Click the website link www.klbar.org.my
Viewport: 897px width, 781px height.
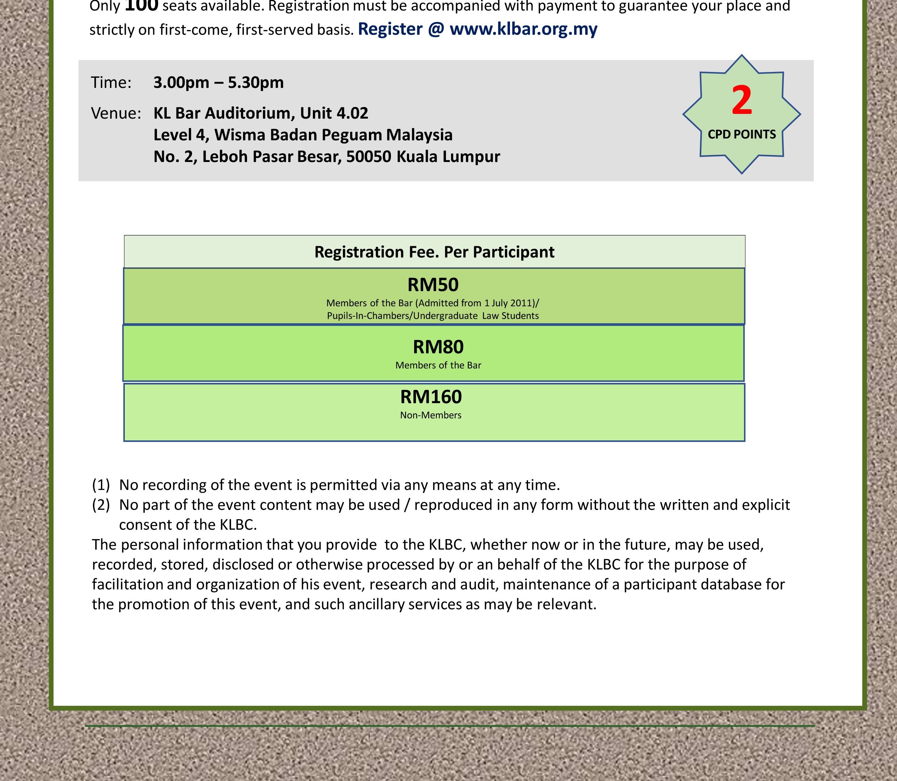click(523, 29)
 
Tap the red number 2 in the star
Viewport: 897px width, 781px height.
click(741, 101)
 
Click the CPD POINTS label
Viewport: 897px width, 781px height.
click(741, 134)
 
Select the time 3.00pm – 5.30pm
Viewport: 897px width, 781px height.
click(218, 82)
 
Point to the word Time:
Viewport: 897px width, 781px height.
click(111, 82)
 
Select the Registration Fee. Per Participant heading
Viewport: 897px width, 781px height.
click(434, 252)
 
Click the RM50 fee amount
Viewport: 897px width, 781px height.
click(433, 285)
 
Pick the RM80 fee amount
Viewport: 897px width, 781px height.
click(438, 347)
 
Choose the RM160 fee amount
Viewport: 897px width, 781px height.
click(431, 397)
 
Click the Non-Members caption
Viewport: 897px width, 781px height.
click(431, 415)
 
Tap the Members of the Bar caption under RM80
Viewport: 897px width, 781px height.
click(438, 365)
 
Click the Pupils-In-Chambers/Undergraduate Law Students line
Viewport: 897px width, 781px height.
click(433, 316)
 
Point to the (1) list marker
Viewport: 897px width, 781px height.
click(101, 485)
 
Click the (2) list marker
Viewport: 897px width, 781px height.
click(101, 505)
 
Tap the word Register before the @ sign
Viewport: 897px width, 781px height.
click(390, 29)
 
